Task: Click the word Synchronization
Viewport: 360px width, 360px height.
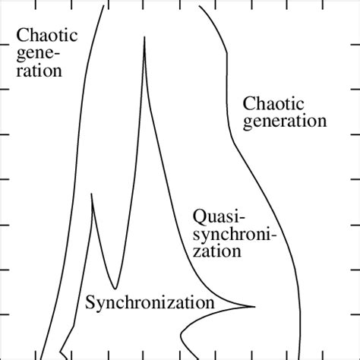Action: (149, 304)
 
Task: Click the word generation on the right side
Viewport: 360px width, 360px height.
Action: (283, 122)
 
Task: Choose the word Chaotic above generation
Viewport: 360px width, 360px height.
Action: (273, 103)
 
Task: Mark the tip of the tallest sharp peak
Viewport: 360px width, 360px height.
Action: (144, 38)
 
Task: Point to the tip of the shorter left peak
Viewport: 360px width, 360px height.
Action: (92, 194)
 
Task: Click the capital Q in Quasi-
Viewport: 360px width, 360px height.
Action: (199, 215)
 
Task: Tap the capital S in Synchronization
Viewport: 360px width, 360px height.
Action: (90, 304)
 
